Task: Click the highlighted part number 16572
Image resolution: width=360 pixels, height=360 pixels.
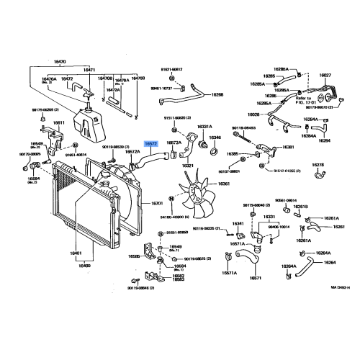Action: click(x=150, y=144)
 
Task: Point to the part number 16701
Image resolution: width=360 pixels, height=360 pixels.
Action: click(x=157, y=204)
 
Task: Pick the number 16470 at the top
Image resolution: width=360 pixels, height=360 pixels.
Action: click(x=60, y=62)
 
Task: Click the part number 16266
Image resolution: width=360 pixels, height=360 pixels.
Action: click(x=217, y=94)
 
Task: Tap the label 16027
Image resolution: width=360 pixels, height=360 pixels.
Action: click(x=325, y=74)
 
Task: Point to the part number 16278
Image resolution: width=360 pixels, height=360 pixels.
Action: click(x=318, y=165)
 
